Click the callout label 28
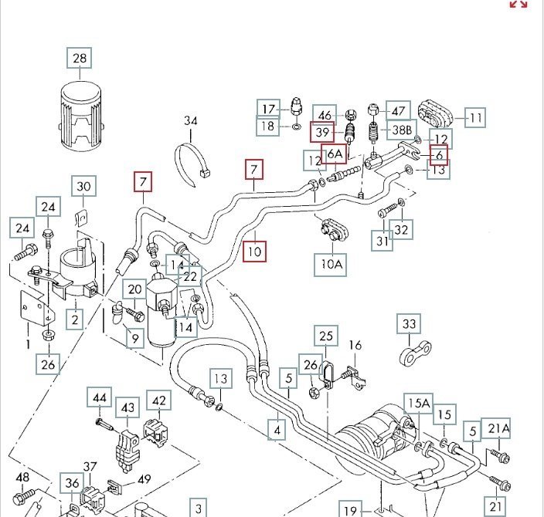tap(80, 58)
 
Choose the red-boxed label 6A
tap(334, 154)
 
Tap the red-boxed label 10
tap(254, 252)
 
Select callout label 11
tap(474, 118)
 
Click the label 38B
tap(403, 131)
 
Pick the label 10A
tap(331, 264)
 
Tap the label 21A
tap(498, 429)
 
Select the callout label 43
tap(127, 408)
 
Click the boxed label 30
tap(85, 186)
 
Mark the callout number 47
tap(397, 112)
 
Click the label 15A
tap(419, 403)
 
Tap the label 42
tap(158, 400)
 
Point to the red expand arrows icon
tap(518, 4)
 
